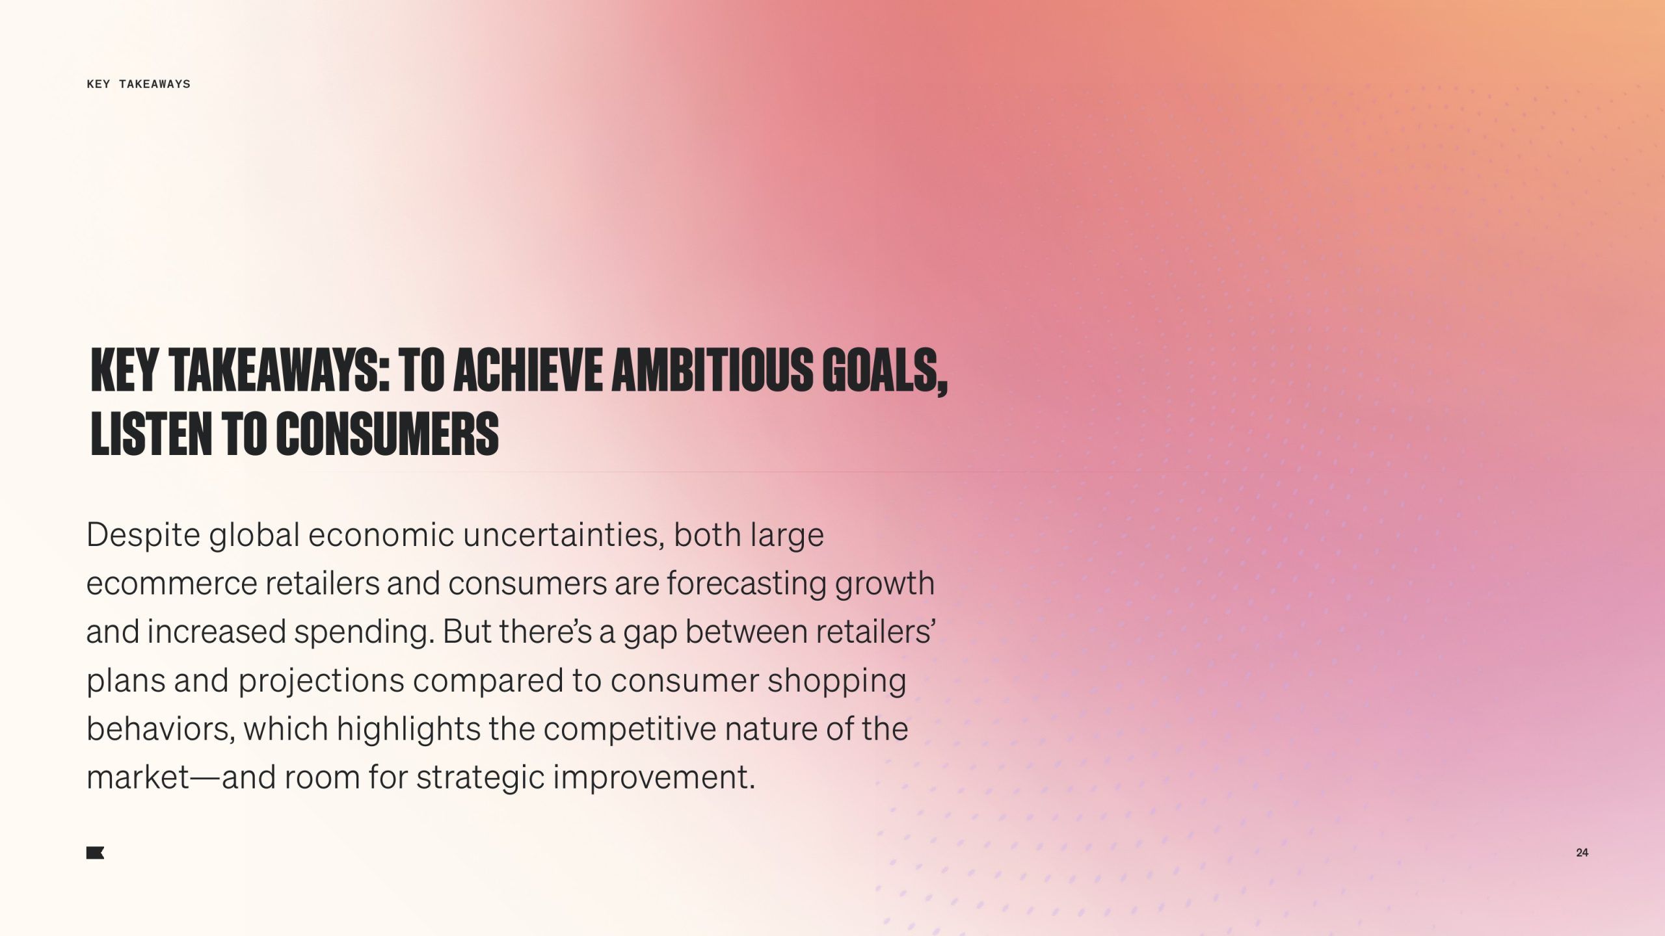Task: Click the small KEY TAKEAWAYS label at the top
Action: click(x=139, y=84)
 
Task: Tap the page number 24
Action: click(x=1582, y=853)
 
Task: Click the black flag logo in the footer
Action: click(x=95, y=853)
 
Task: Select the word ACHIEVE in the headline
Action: click(x=527, y=370)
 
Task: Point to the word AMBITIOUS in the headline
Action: click(x=712, y=370)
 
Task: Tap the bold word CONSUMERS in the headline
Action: click(x=387, y=433)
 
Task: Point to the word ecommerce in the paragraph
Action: click(x=172, y=584)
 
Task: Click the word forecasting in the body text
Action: click(x=746, y=584)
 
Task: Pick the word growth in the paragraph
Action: click(x=885, y=584)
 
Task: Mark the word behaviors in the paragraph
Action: click(x=158, y=729)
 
